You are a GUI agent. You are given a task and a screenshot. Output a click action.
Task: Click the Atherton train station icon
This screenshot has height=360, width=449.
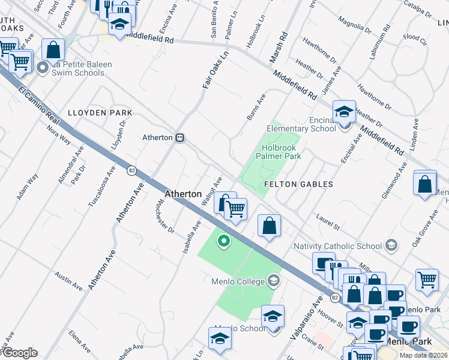click(179, 137)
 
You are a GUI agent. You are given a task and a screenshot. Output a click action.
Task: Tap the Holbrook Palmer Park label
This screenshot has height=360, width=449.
click(281, 151)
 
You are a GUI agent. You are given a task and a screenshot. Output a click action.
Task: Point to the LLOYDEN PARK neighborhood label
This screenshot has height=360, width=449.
click(100, 112)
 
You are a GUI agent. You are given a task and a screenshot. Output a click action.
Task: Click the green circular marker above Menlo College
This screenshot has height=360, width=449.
click(224, 242)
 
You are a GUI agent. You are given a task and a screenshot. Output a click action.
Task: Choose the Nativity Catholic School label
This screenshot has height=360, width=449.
click(337, 245)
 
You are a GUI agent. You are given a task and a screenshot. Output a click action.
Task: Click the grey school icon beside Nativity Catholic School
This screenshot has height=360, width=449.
click(391, 245)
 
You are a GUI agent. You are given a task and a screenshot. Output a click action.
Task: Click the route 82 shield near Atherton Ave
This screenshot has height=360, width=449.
click(131, 171)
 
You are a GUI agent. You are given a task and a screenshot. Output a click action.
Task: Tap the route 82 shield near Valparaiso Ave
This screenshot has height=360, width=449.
click(335, 298)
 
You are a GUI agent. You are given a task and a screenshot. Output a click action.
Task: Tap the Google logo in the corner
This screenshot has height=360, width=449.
click(19, 353)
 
